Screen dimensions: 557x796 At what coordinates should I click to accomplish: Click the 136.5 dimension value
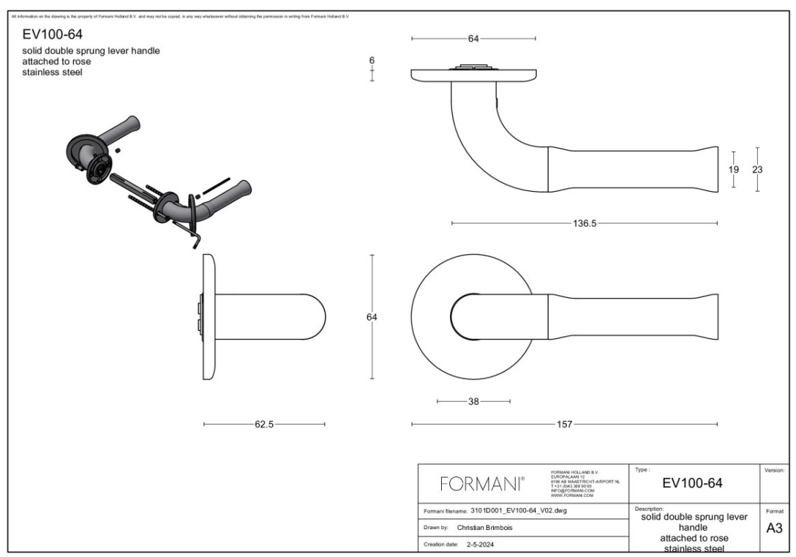click(585, 223)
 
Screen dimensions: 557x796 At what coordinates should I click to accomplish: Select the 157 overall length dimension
click(565, 424)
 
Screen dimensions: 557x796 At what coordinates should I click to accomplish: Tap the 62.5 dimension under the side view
click(264, 424)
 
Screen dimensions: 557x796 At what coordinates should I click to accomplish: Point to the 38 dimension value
click(473, 401)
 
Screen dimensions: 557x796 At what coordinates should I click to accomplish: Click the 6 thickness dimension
click(372, 61)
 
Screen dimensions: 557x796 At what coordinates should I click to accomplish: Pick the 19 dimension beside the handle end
click(734, 169)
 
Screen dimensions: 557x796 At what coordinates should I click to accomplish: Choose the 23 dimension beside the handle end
click(757, 169)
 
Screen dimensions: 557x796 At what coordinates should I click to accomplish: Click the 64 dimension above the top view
click(473, 38)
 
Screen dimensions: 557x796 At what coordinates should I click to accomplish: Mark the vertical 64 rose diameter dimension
click(372, 317)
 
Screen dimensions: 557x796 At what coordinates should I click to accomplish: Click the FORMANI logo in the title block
click(481, 484)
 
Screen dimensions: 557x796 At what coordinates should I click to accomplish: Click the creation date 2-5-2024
click(484, 544)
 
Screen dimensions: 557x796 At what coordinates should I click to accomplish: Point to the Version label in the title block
click(773, 470)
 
